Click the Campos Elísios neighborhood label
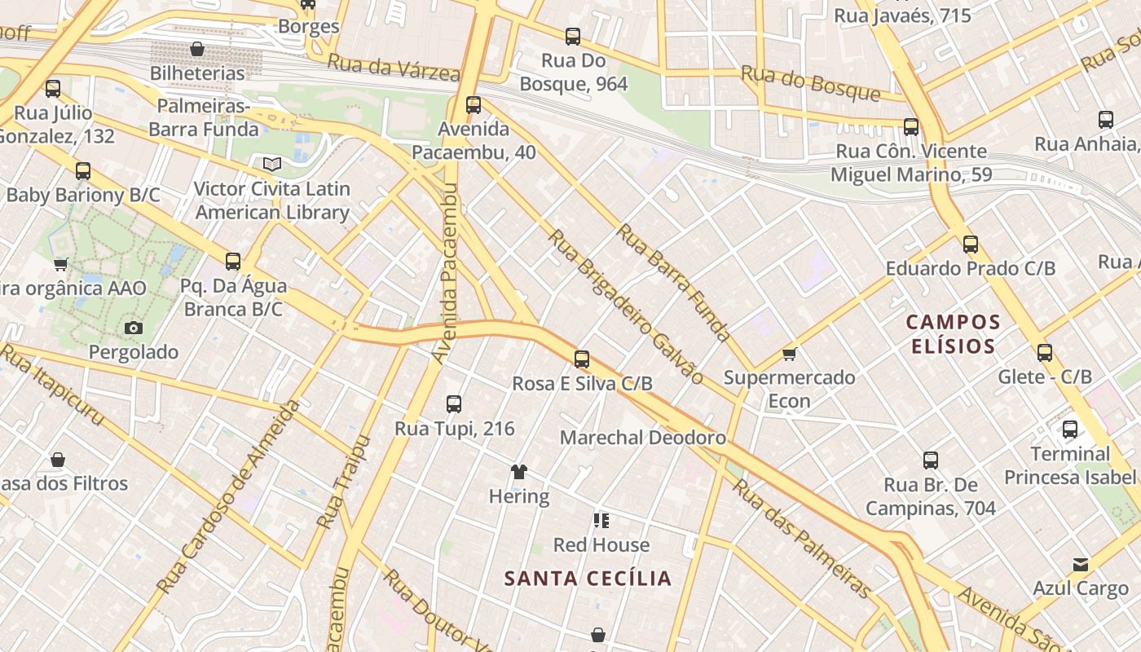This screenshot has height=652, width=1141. click(953, 333)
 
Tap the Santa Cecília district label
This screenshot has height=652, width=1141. click(588, 579)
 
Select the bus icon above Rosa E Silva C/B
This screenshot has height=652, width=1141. click(581, 359)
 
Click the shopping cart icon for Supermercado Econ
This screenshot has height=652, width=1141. click(788, 354)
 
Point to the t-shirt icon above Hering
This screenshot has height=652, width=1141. click(518, 471)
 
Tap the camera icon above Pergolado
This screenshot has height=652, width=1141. click(134, 328)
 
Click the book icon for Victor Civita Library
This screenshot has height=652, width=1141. click(271, 165)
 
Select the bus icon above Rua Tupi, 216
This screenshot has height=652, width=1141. click(454, 403)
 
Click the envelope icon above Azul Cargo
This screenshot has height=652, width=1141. click(1081, 564)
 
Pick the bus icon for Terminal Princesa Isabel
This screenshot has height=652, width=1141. click(1069, 430)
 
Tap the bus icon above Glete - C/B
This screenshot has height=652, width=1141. click(1045, 353)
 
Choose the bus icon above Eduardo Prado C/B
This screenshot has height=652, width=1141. click(970, 244)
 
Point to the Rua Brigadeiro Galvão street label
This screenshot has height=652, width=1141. click(625, 306)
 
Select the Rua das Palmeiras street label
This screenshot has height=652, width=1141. click(802, 538)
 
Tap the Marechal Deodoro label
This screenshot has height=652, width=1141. click(642, 438)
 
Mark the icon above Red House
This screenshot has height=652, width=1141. click(601, 520)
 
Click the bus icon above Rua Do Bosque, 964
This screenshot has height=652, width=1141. click(573, 37)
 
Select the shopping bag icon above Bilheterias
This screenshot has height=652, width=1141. click(196, 50)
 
